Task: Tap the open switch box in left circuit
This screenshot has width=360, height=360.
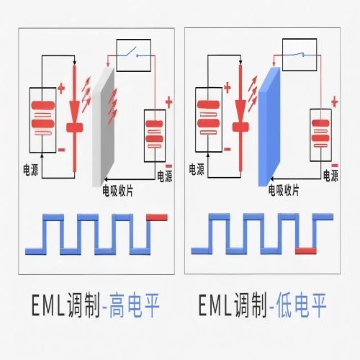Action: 133,55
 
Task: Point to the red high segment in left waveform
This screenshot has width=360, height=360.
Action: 156,215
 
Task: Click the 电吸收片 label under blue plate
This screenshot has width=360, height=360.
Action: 284,190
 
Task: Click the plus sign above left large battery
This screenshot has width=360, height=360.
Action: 60,89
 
